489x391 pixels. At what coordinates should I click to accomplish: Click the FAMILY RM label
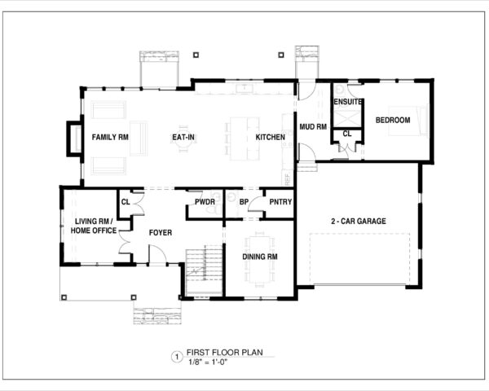pyautogui.click(x=110, y=138)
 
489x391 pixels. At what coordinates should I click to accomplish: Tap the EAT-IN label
pyautogui.click(x=183, y=138)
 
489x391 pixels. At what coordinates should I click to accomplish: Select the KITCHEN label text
pyautogui.click(x=270, y=138)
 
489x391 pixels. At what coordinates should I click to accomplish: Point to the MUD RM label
pyautogui.click(x=312, y=127)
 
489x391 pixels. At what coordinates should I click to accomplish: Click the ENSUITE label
pyautogui.click(x=348, y=103)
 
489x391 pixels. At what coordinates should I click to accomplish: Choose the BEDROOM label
pyautogui.click(x=392, y=121)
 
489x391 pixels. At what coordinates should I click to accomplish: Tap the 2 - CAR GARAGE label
pyautogui.click(x=359, y=221)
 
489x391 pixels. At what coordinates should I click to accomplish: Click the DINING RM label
pyautogui.click(x=261, y=257)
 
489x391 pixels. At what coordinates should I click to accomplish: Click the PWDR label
pyautogui.click(x=205, y=202)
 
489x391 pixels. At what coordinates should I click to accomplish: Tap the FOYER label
pyautogui.click(x=161, y=233)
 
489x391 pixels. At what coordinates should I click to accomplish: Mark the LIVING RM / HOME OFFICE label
pyautogui.click(x=94, y=226)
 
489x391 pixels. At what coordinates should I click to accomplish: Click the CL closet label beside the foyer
pyautogui.click(x=126, y=202)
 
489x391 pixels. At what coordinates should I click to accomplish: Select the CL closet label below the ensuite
pyautogui.click(x=346, y=133)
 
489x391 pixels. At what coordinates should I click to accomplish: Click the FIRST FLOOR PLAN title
pyautogui.click(x=218, y=354)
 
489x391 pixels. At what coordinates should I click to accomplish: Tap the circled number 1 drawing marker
pyautogui.click(x=174, y=357)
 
